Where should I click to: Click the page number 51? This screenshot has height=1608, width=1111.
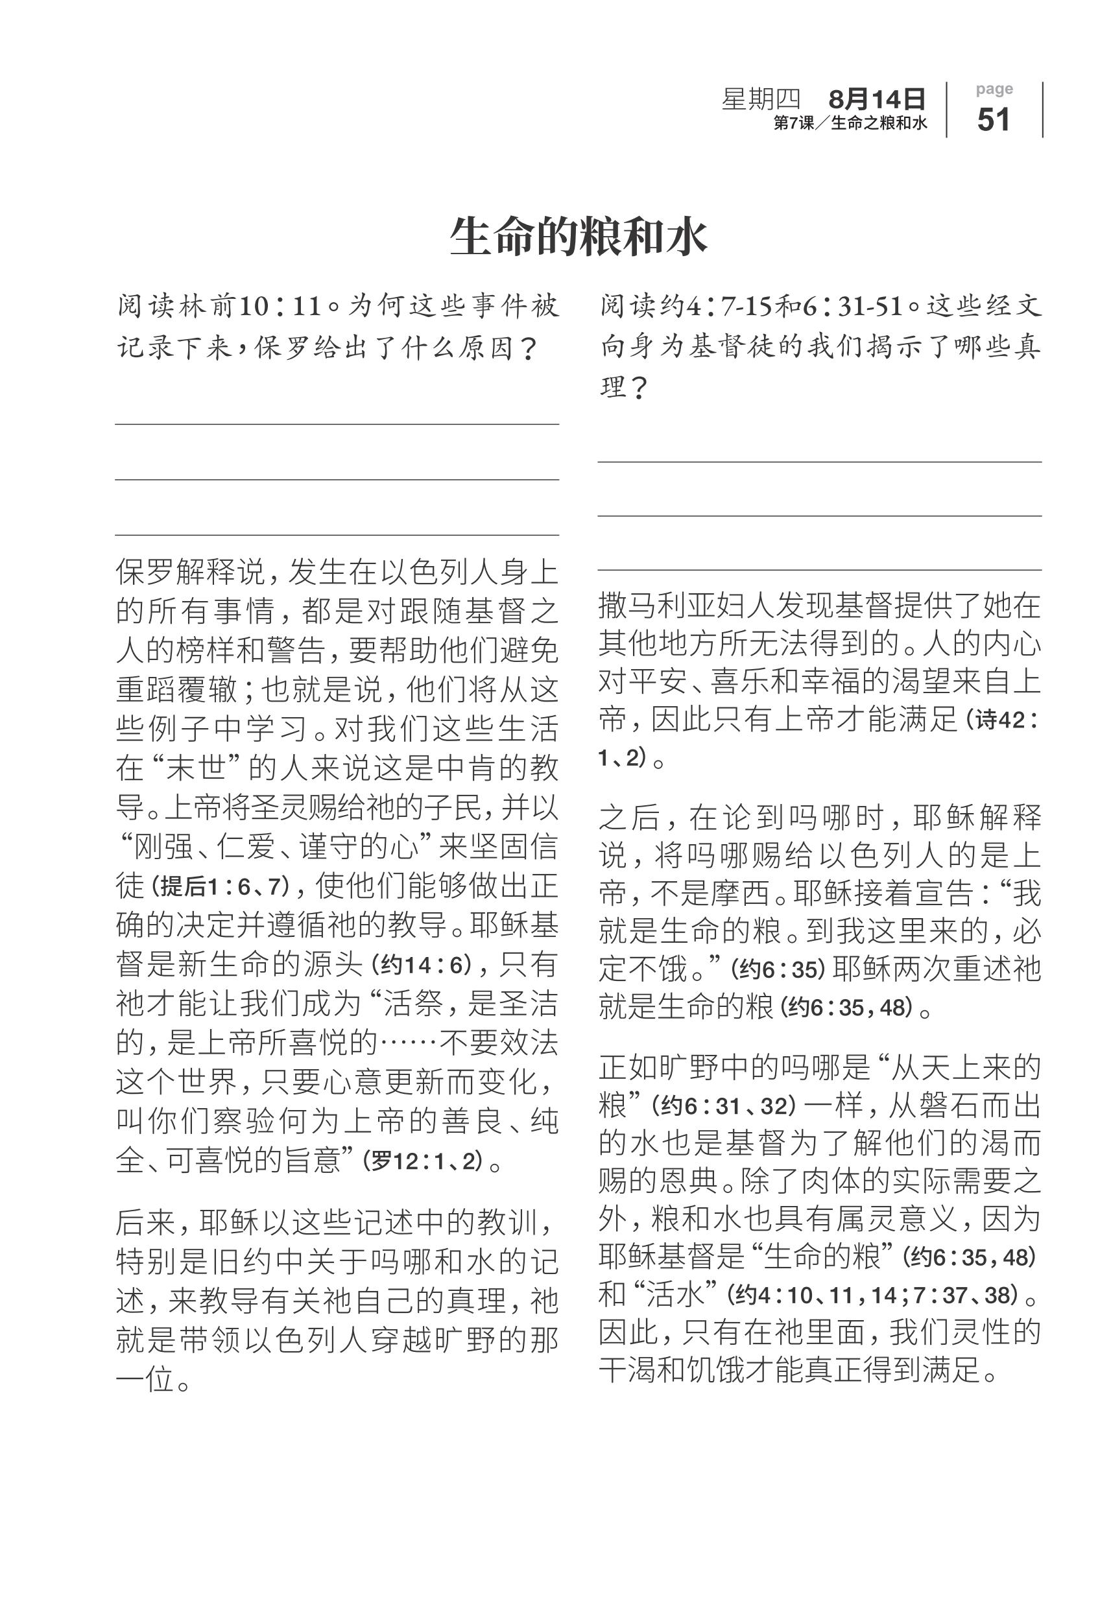coord(994,120)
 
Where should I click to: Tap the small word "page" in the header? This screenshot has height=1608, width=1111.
coord(994,89)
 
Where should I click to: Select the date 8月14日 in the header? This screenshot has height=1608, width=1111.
coord(876,99)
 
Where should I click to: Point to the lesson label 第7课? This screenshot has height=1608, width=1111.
coord(794,124)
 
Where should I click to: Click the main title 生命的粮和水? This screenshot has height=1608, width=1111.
coord(579,237)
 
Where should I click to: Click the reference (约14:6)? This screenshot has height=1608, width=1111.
coord(422,964)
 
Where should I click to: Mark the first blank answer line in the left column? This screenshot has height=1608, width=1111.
coord(337,424)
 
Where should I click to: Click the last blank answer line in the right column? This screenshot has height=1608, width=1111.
coord(819,570)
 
